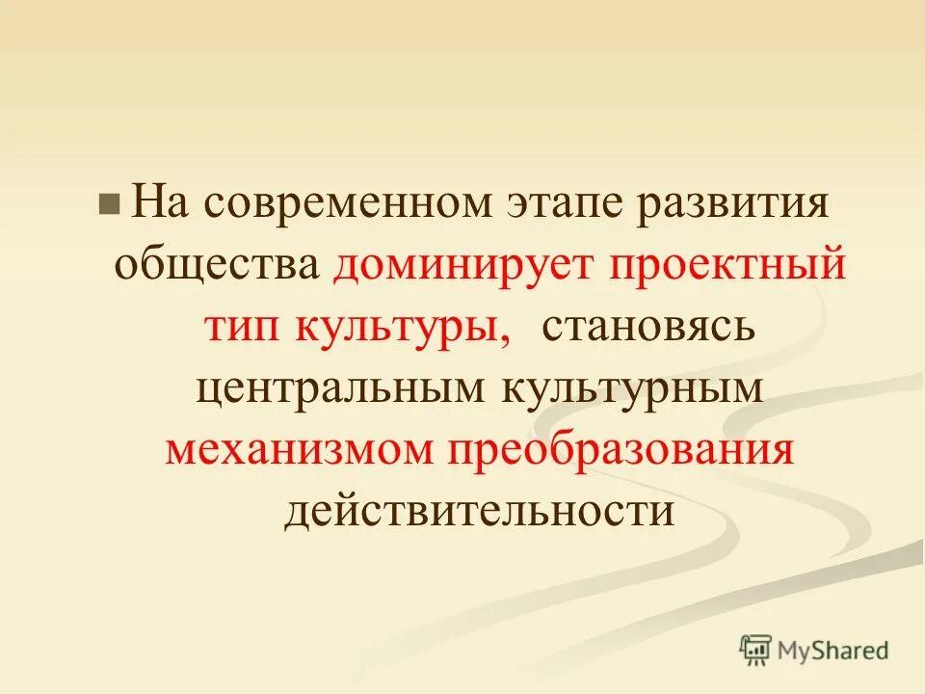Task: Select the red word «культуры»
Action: click(400, 326)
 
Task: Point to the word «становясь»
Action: click(648, 326)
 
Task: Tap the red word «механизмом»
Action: click(301, 449)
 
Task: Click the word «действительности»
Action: click(478, 510)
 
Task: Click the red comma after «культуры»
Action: click(506, 337)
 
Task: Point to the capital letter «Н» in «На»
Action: click(146, 202)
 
